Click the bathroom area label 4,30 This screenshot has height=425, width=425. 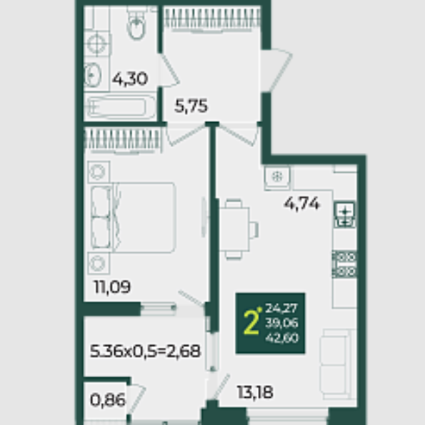click(x=130, y=79)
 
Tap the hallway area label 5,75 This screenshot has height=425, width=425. click(x=191, y=106)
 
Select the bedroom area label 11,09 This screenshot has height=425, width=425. click(x=112, y=286)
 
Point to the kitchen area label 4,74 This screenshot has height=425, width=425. click(x=302, y=204)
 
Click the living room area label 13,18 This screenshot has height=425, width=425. click(x=255, y=392)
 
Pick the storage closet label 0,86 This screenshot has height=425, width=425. click(x=108, y=400)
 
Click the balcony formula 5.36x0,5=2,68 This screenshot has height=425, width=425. click(x=145, y=351)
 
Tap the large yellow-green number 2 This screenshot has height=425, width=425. click(x=251, y=323)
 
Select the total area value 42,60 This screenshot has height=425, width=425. click(x=282, y=338)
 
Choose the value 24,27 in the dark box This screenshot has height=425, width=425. click(x=281, y=308)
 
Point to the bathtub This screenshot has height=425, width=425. click(x=120, y=107)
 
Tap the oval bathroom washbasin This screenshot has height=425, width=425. click(x=92, y=75)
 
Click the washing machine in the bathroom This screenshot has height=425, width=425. click(x=97, y=44)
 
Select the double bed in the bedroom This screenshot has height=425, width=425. click(x=134, y=218)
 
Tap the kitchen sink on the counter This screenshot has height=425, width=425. click(x=345, y=214)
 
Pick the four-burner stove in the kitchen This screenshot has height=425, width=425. click(x=344, y=264)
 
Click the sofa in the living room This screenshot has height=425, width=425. click(x=337, y=364)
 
